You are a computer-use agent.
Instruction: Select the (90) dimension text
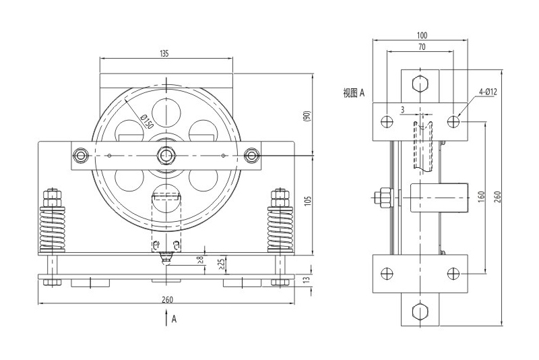point(308,115)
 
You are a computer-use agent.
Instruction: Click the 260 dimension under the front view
point(166,298)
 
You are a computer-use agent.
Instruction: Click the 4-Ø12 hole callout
point(488,91)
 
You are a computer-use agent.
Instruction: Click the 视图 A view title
point(353,93)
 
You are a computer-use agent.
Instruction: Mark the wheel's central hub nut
point(166,156)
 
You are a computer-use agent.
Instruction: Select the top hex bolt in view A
point(421,84)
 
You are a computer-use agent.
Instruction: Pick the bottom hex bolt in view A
point(421,311)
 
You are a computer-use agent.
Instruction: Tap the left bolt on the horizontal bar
point(82,156)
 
